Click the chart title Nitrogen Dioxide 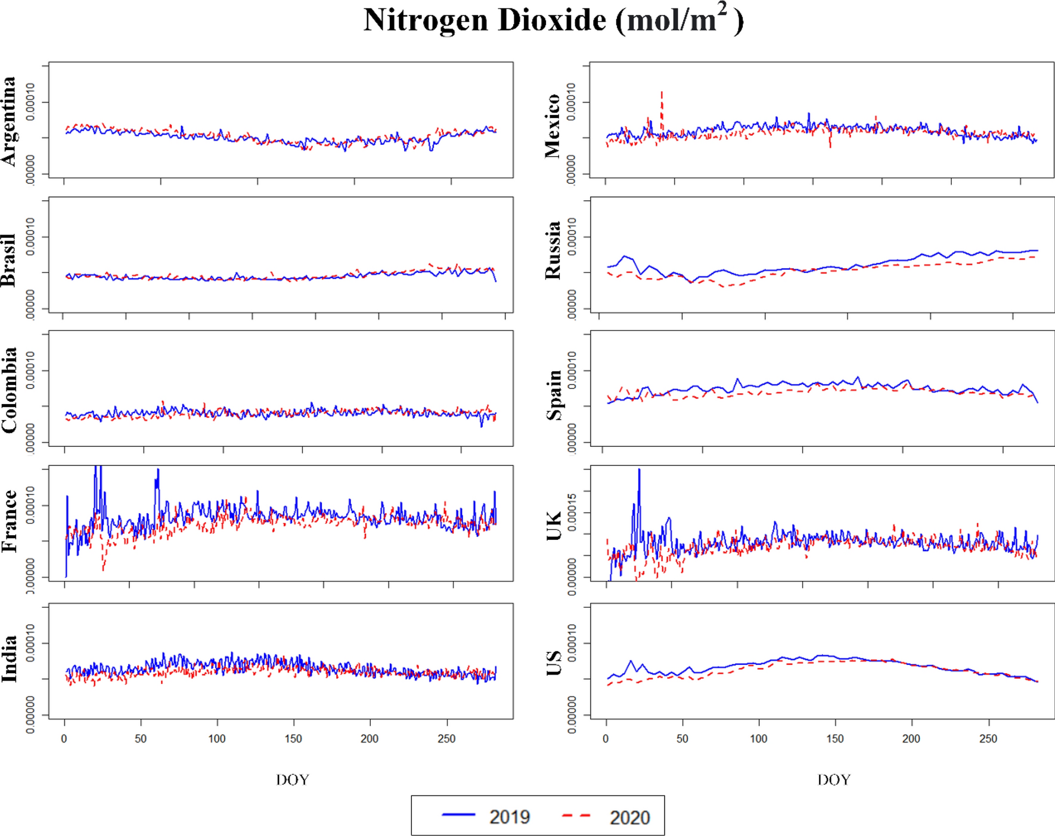click(553, 20)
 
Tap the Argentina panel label click(8, 121)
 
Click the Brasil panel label click(8, 260)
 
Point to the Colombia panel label click(8, 390)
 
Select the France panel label click(8, 521)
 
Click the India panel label click(8, 658)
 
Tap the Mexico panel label click(553, 126)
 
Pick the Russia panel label click(553, 250)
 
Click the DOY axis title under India click(292, 779)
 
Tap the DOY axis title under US click(833, 779)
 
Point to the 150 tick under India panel click(293, 739)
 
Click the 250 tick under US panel click(988, 739)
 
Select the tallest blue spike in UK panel click(639, 474)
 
